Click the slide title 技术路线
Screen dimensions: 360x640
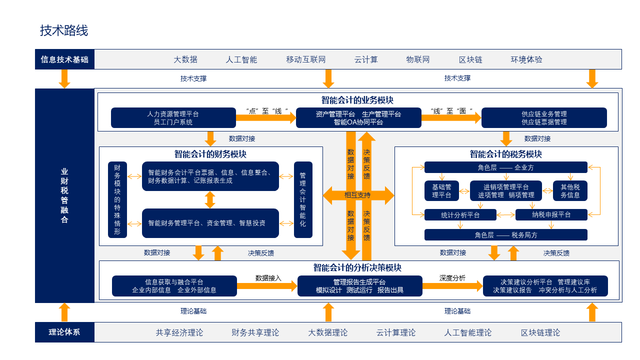(x=64, y=30)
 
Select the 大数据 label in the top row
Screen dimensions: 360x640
(x=185, y=59)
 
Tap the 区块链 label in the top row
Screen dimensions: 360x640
(x=470, y=59)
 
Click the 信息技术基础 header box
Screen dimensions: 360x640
(x=64, y=59)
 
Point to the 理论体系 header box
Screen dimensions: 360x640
(x=64, y=332)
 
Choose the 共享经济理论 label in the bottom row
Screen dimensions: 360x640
(x=179, y=332)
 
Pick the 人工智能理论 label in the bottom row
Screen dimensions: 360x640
(x=468, y=332)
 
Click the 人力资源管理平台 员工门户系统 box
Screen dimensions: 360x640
(x=173, y=118)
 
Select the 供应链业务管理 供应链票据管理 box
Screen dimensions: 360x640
(x=544, y=118)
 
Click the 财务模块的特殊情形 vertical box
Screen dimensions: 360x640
(x=117, y=199)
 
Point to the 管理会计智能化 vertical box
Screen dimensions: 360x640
(x=303, y=199)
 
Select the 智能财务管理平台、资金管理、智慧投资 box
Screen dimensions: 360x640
(x=210, y=223)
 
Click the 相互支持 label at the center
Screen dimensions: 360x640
(x=358, y=195)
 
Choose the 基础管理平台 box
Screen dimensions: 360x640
(x=441, y=191)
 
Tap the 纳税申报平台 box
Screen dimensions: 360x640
(x=551, y=214)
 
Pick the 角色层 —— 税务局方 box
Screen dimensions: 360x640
(x=505, y=235)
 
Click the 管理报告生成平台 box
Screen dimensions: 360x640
(x=359, y=286)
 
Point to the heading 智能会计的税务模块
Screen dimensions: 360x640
(x=505, y=154)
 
